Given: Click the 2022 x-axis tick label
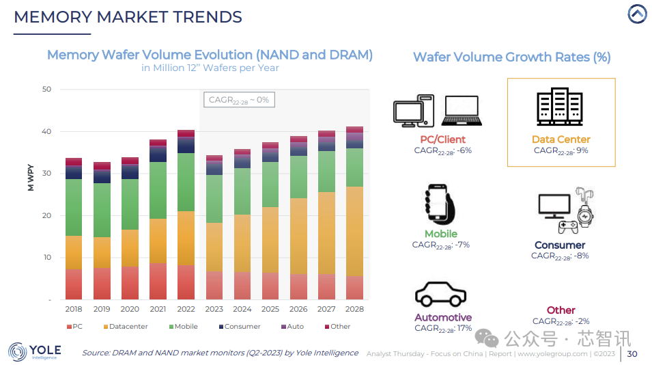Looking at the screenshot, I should [x=186, y=309].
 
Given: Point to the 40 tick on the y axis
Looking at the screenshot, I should [x=46, y=131].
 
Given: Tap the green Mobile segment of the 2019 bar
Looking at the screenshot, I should [x=102, y=210].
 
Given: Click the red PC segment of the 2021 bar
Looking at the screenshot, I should [x=158, y=281].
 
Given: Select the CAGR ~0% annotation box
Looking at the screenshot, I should [x=239, y=100].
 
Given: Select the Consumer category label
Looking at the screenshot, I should [x=560, y=245].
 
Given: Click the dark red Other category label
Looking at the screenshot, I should [x=561, y=310].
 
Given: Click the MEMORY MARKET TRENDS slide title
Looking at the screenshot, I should [x=128, y=17].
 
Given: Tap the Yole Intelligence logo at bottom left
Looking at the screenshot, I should [x=35, y=352].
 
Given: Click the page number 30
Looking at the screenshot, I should [x=632, y=353].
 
